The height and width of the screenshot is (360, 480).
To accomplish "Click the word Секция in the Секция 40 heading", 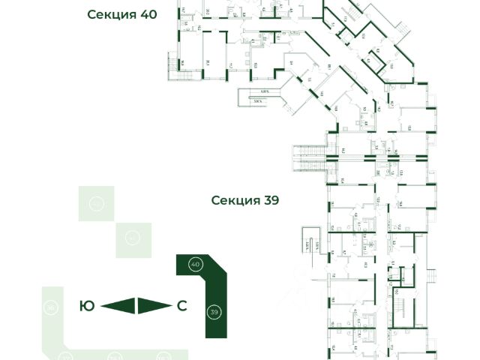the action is [110, 14].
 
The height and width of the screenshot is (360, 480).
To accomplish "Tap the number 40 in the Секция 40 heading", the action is [146, 14].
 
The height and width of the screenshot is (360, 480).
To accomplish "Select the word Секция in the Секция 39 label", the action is [234, 200].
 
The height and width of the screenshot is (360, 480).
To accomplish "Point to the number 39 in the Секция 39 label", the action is [270, 200].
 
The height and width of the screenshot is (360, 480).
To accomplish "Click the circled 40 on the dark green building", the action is [195, 265].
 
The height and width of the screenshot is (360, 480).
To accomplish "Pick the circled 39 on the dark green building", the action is [214, 312].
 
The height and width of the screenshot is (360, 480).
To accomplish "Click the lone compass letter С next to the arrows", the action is [181, 305].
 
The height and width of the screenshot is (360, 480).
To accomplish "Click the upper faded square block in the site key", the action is [97, 203].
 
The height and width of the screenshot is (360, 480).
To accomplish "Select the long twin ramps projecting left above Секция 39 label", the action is [307, 155].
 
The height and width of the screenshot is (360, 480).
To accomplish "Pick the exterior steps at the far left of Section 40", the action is [178, 64].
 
